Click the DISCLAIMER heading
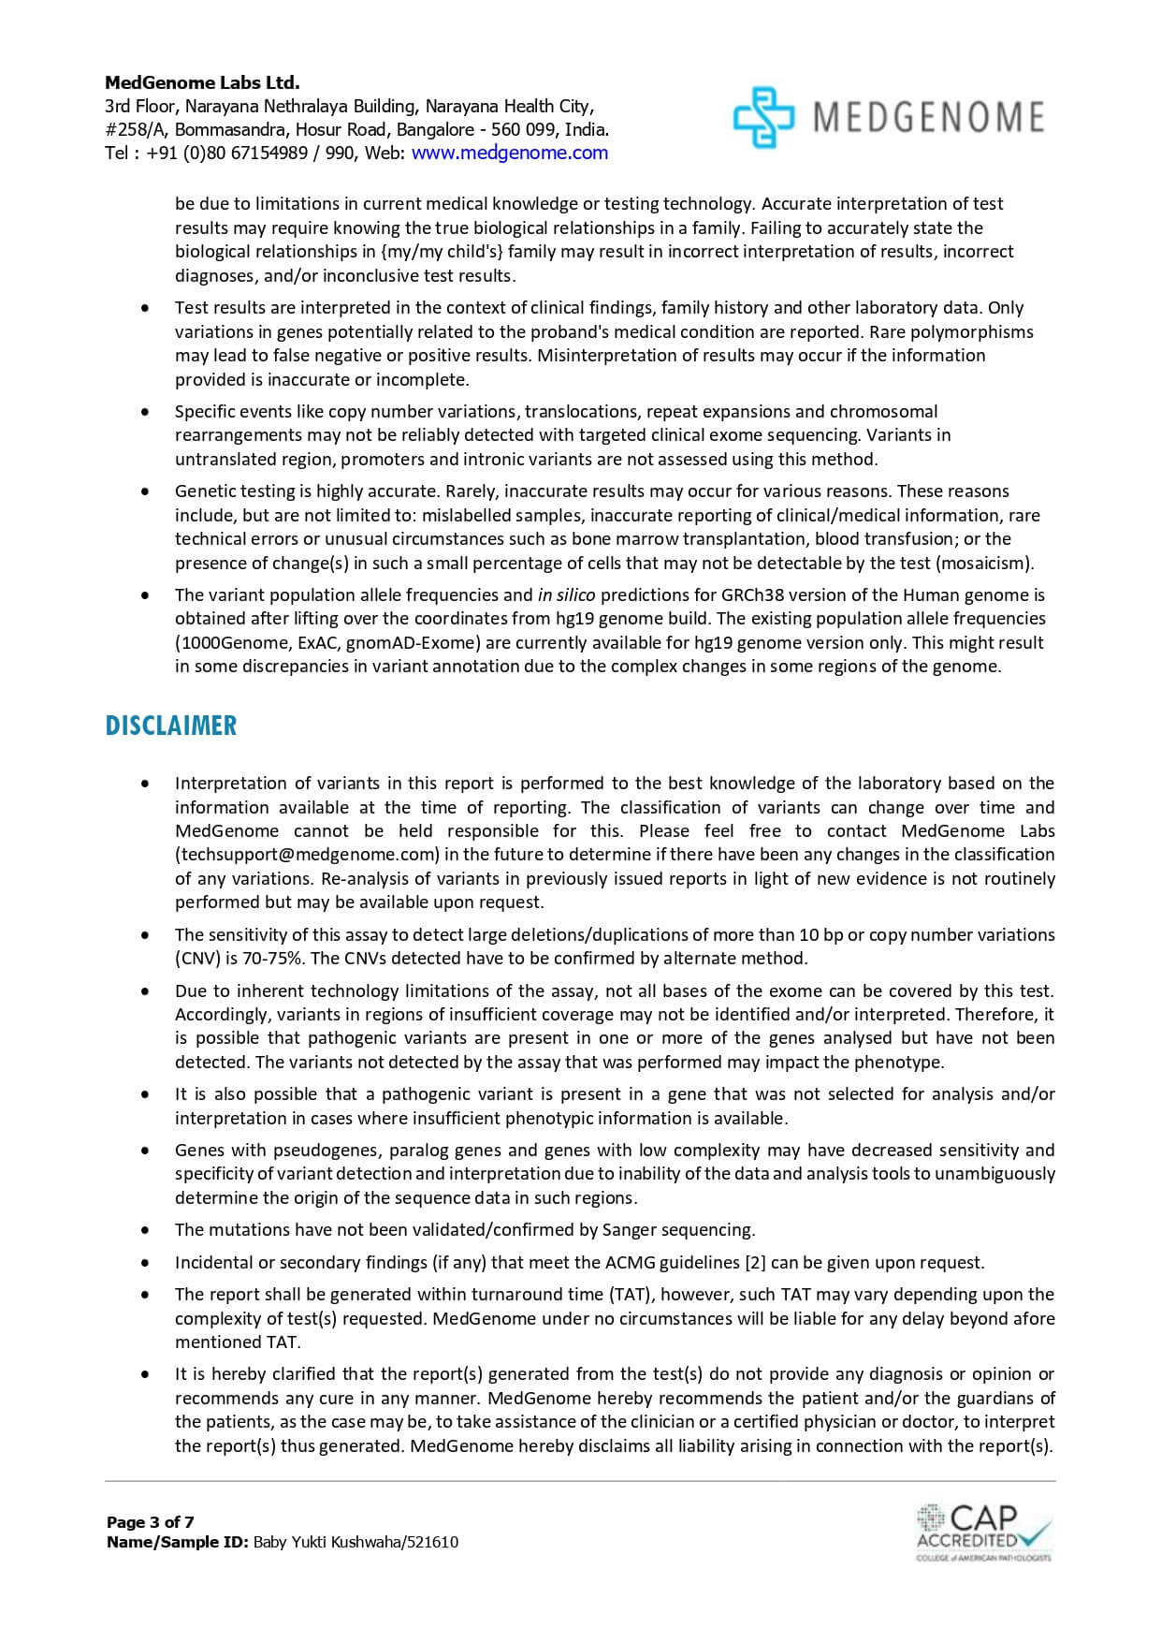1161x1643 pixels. pyautogui.click(x=170, y=726)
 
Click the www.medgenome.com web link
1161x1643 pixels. pyautogui.click(x=509, y=153)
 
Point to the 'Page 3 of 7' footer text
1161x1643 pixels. pyautogui.click(x=151, y=1522)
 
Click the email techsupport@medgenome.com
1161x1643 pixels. pyautogui.click(x=307, y=855)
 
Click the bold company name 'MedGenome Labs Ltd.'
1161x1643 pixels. pyautogui.click(x=202, y=82)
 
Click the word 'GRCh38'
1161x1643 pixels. pyautogui.click(x=751, y=594)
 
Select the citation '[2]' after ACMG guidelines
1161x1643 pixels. pyautogui.click(x=755, y=1263)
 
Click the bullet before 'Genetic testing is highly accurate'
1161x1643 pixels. pyautogui.click(x=144, y=491)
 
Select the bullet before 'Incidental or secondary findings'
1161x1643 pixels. pyautogui.click(x=144, y=1263)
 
